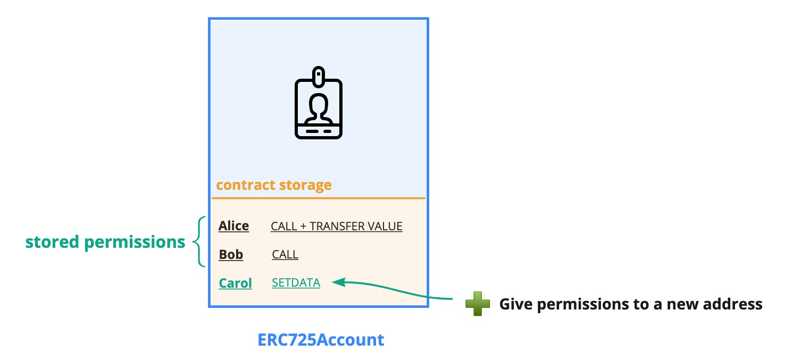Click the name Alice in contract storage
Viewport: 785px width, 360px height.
tap(233, 226)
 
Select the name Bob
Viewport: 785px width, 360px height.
tap(231, 255)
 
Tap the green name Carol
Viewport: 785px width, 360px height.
tap(235, 283)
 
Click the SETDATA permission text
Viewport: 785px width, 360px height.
tap(296, 283)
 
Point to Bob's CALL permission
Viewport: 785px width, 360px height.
tap(285, 255)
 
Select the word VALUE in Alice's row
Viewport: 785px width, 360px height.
tap(385, 226)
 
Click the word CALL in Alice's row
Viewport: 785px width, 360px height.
tap(283, 226)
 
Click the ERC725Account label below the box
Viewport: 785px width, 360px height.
tap(321, 340)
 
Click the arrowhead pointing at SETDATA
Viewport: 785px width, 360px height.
tap(337, 282)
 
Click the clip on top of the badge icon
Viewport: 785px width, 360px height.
tap(319, 76)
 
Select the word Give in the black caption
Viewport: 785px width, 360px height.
tap(515, 305)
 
